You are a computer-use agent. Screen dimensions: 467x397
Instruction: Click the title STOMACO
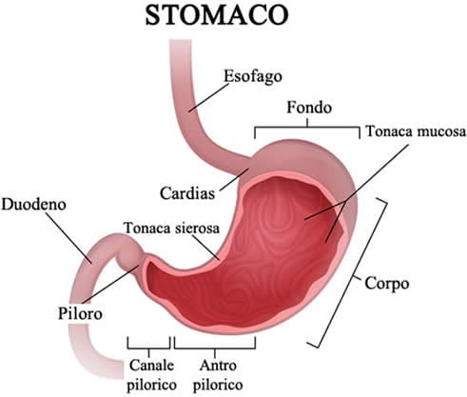pyautogui.click(x=217, y=15)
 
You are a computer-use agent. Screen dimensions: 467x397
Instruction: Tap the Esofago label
pyautogui.click(x=253, y=76)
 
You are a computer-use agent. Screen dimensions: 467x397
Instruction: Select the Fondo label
pyautogui.click(x=309, y=108)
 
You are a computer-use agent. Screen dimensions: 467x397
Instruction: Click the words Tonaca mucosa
pyautogui.click(x=416, y=131)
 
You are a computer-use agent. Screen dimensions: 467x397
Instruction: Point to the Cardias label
pyautogui.click(x=187, y=193)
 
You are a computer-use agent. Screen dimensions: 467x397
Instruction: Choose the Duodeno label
pyautogui.click(x=33, y=205)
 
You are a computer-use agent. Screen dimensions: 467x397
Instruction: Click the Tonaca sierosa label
pyautogui.click(x=171, y=228)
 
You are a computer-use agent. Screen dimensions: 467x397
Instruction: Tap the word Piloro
pyautogui.click(x=80, y=313)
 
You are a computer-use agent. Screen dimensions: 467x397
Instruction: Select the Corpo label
pyautogui.click(x=386, y=283)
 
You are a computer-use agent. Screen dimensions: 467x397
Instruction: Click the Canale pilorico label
pyautogui.click(x=151, y=375)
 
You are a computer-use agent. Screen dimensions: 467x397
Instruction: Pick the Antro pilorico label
pyautogui.click(x=218, y=375)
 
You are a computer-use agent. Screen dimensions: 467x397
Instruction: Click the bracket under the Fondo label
pyautogui.click(x=307, y=128)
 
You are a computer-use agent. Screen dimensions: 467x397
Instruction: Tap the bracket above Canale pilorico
pyautogui.click(x=149, y=348)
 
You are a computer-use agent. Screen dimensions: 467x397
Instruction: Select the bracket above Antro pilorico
pyautogui.click(x=215, y=348)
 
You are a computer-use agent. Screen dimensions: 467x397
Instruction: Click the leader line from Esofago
pyautogui.click(x=209, y=97)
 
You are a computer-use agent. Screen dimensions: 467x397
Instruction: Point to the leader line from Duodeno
pyautogui.click(x=68, y=238)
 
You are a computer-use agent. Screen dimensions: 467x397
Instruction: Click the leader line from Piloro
pyautogui.click(x=110, y=285)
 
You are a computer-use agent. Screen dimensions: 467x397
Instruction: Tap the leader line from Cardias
pyautogui.click(x=234, y=180)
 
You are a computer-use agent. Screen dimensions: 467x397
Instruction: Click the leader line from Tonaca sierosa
pyautogui.click(x=205, y=248)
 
